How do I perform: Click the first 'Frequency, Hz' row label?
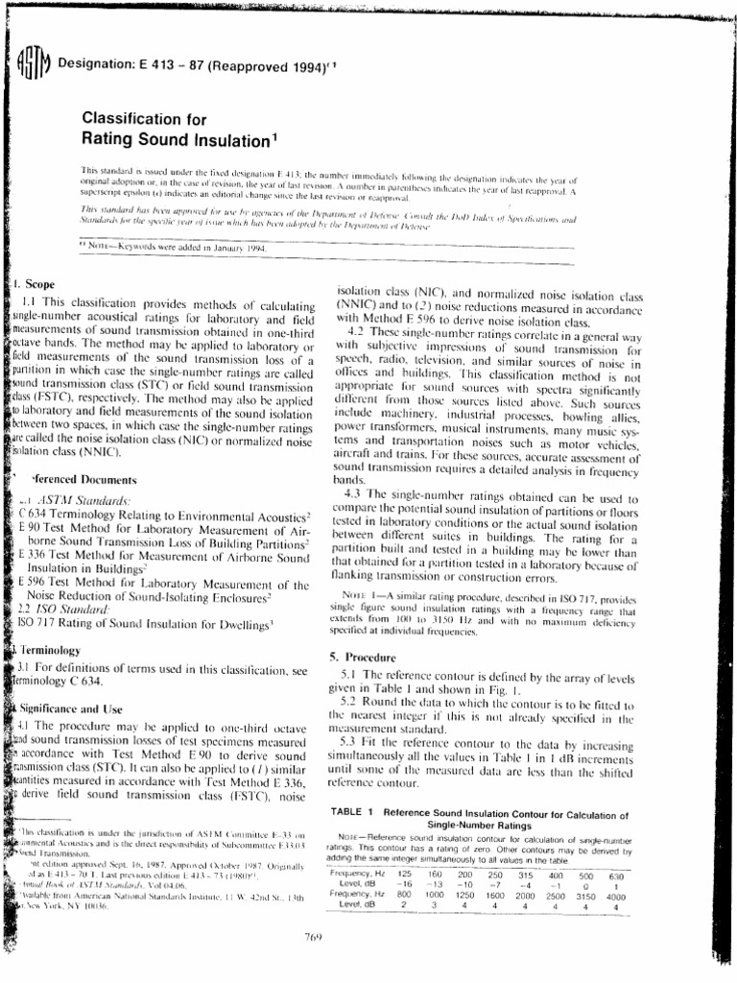pos(357,874)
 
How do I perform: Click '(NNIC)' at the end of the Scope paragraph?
pos(96,451)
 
